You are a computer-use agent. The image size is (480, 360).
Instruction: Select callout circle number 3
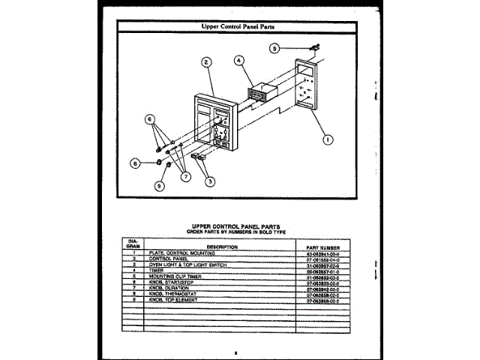210,180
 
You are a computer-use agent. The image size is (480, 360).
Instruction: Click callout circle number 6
150,118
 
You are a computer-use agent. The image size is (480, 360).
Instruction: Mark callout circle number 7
183,176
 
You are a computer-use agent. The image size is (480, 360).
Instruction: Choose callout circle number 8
136,162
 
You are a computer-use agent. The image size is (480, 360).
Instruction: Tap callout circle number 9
159,186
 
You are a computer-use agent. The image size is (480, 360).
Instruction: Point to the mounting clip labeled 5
312,49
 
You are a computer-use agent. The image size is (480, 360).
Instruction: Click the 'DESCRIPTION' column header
222,247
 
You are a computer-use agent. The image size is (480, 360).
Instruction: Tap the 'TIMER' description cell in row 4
157,270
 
